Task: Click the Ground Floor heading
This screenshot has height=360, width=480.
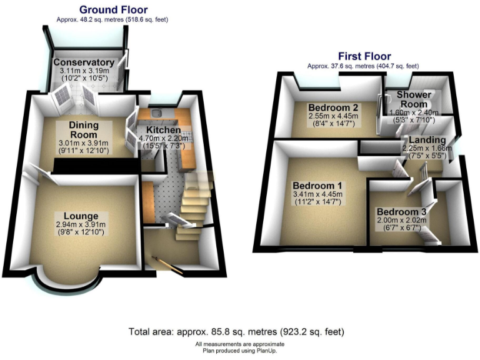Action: click(x=113, y=10)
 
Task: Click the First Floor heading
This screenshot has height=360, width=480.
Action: click(x=364, y=56)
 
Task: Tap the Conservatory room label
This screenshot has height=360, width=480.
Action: click(x=84, y=62)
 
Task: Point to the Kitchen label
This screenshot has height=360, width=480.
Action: click(x=164, y=130)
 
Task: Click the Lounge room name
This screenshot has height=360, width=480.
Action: click(x=81, y=216)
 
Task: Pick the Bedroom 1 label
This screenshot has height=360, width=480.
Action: click(x=317, y=186)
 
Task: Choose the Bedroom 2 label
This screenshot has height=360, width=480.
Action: click(x=333, y=107)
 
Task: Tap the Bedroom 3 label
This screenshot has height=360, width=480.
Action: click(x=401, y=212)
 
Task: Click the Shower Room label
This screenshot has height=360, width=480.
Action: click(x=414, y=99)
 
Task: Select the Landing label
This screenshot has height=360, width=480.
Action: click(x=427, y=140)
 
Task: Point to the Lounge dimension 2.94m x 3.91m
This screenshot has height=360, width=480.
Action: click(x=81, y=224)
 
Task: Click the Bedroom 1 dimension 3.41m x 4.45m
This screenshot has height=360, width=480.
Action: click(x=317, y=194)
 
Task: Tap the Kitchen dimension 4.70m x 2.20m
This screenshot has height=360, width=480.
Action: click(x=164, y=138)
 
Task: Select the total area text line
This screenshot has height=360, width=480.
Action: click(x=236, y=332)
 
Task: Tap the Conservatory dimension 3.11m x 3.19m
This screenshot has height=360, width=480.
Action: click(x=84, y=71)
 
